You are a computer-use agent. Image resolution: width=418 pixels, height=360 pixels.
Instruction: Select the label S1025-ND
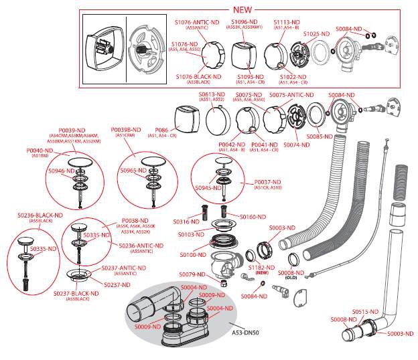[x=317, y=33]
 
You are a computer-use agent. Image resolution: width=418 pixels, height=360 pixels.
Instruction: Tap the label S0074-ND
[x=296, y=145]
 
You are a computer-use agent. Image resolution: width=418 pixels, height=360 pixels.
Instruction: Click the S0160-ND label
[x=253, y=217]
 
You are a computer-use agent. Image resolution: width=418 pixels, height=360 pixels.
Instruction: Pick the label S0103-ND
[x=191, y=235]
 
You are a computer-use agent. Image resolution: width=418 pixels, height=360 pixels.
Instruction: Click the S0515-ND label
[x=366, y=312]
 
